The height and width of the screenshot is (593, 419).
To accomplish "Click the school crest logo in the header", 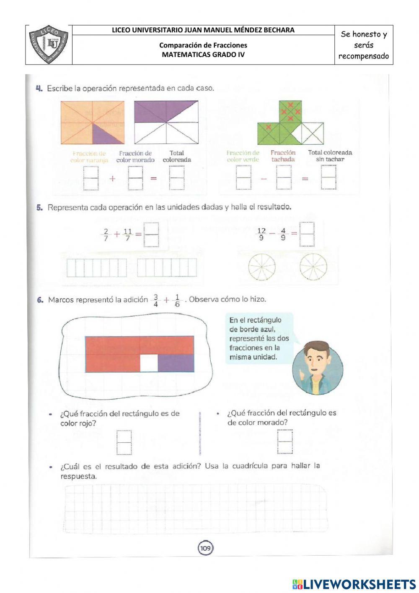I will [49, 44].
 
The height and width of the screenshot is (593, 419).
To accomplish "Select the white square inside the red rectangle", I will [149, 363].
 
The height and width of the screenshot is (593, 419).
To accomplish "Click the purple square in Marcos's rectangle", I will [176, 363].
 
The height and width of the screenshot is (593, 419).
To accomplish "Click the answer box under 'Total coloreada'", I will [177, 178].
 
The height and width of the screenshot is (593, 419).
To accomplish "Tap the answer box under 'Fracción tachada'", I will [284, 178].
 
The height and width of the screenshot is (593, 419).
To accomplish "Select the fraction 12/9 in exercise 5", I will [261, 234].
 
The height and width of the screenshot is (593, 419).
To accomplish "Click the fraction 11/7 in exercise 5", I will [128, 235].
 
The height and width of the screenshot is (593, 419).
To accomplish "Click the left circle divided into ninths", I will [261, 267].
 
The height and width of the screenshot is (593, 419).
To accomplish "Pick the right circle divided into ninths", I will [313, 267].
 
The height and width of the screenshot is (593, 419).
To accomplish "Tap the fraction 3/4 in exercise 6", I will [156, 300].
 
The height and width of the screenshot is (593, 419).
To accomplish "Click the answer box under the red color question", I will [124, 442].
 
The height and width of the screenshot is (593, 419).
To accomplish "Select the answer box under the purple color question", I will [285, 441].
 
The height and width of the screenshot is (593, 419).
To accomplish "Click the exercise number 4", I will [39, 89].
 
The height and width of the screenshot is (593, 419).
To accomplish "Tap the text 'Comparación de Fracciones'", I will [203, 45].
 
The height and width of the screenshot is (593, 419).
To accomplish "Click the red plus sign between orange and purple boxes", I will [112, 178].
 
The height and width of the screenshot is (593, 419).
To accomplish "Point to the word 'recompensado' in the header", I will [363, 56].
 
